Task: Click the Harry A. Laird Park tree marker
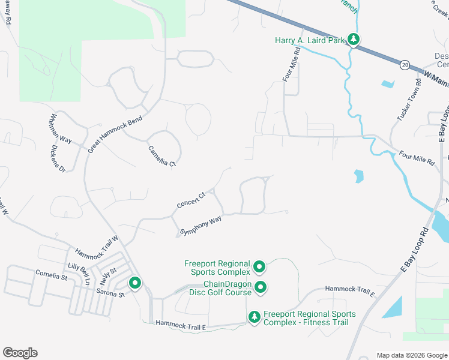354,40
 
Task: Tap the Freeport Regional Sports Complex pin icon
259,266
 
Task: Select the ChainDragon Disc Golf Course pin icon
260,288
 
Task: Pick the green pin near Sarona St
135,283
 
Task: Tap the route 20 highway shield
405,64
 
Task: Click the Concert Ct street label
191,200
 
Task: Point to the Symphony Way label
201,226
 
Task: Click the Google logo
20,353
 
